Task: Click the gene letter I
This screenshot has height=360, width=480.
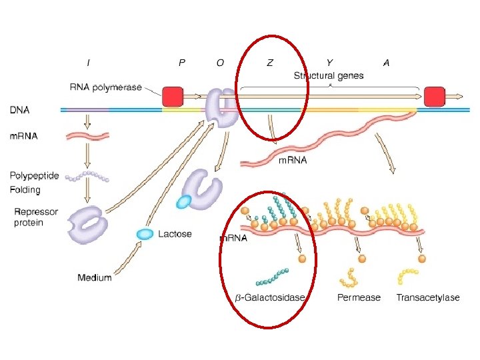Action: point(89,63)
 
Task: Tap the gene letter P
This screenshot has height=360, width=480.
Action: point(182,63)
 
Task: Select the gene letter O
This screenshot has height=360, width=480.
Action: point(220,63)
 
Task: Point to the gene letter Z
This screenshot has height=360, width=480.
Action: point(269,63)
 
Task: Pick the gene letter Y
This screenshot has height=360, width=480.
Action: point(329,63)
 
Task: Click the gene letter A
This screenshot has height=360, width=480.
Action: point(386,63)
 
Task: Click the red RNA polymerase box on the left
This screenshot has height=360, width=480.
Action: point(173,96)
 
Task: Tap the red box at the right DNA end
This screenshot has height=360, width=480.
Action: point(435,96)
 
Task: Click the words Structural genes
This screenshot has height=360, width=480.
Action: point(329,75)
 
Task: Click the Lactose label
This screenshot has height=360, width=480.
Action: point(175,234)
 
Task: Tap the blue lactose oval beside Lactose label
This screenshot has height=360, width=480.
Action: point(145,233)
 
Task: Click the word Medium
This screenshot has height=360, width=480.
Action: point(94,277)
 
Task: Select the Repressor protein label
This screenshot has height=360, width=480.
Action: point(36,217)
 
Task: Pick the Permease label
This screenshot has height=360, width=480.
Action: point(359,297)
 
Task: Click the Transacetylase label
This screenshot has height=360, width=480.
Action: point(427,297)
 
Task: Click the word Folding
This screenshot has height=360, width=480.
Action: point(25,190)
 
